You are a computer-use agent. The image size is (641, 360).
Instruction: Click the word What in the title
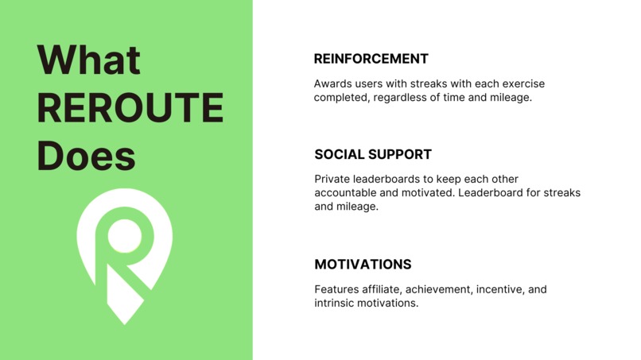tap(89, 61)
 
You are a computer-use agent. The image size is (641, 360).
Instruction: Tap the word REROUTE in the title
tap(130, 109)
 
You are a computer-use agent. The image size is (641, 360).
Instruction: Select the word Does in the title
tap(87, 156)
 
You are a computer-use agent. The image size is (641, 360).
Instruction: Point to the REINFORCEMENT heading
tap(371, 59)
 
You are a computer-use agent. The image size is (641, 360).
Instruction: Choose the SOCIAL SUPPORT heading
tap(373, 154)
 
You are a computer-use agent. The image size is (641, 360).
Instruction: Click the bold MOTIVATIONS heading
tap(363, 265)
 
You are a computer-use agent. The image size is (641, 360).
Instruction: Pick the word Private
tap(333, 179)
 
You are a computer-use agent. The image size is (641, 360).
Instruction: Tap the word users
tap(375, 83)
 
